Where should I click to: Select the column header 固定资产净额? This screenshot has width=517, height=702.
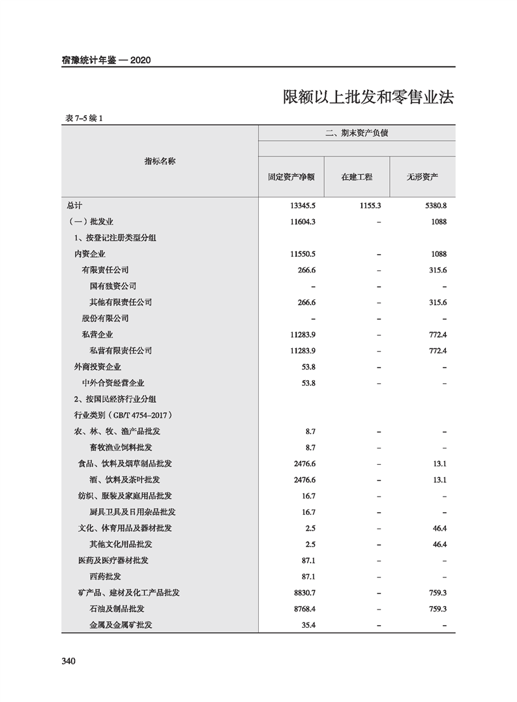tap(291, 177)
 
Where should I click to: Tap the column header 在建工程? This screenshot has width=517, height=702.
tap(357, 177)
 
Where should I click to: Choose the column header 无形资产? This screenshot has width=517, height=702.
tap(422, 177)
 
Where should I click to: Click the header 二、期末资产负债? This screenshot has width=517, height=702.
tap(356, 134)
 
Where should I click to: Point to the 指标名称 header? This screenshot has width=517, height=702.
tap(160, 160)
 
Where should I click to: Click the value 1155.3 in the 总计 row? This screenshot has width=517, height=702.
tap(370, 205)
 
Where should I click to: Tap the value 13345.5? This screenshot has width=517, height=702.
tap(303, 205)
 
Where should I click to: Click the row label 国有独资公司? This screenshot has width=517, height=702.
tap(113, 286)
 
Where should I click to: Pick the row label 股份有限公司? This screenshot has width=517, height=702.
tap(105, 318)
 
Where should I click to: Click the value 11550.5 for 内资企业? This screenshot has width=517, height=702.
tap(303, 254)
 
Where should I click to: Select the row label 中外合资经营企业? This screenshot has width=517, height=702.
tap(113, 383)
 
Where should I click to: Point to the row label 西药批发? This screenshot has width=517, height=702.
tap(105, 576)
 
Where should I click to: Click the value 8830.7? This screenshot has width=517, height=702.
tap(304, 592)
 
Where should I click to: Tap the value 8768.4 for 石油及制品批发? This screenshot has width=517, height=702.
tap(304, 609)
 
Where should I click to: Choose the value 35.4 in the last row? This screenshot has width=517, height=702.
tap(308, 624)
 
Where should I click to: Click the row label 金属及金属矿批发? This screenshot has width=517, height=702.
tap(121, 624)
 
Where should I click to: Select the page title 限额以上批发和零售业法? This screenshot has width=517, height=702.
tap(368, 97)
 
